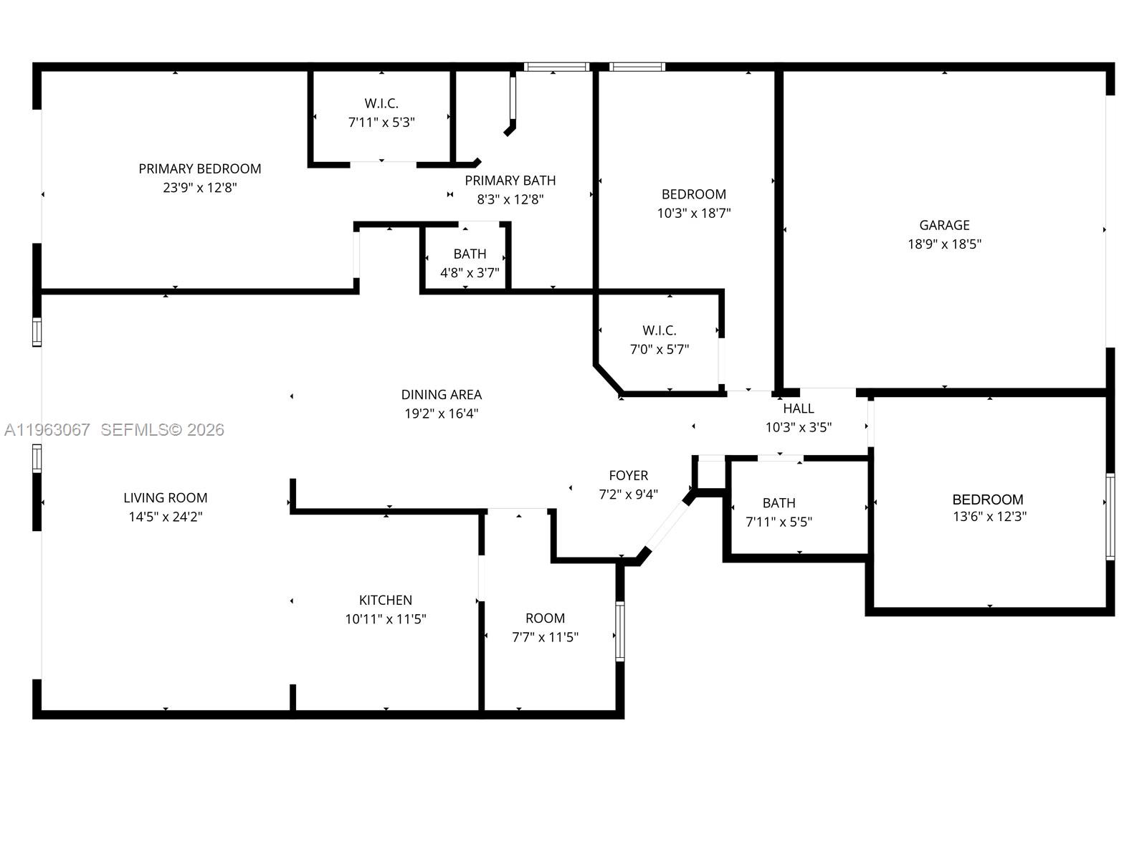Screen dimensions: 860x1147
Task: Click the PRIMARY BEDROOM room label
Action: click(199, 168)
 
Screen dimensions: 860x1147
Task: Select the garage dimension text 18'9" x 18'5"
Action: click(944, 244)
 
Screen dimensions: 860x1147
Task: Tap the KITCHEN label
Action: click(385, 600)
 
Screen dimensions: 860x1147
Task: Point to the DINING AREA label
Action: click(441, 394)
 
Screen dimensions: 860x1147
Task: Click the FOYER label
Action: click(628, 475)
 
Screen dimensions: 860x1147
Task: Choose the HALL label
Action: click(798, 408)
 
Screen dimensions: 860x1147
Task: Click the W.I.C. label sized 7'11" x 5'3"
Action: click(381, 104)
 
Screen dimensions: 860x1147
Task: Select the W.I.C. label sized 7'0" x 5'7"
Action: click(659, 330)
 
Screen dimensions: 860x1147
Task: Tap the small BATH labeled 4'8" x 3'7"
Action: click(470, 254)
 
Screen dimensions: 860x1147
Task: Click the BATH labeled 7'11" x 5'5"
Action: click(779, 503)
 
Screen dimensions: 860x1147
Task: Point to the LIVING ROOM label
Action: click(165, 497)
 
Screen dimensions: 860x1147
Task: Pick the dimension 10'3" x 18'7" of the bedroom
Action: click(693, 213)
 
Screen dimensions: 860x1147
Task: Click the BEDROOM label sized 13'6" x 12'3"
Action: click(987, 500)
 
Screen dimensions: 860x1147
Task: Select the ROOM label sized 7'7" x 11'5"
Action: click(545, 618)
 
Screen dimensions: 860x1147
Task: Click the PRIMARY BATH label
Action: click(510, 181)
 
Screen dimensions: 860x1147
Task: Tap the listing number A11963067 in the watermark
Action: click(47, 430)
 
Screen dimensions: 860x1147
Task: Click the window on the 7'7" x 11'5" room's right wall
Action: click(619, 631)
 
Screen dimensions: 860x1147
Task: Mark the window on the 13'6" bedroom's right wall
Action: click(1110, 516)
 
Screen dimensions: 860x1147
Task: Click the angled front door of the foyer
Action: click(666, 523)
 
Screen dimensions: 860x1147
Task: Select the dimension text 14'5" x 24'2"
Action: click(165, 517)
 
